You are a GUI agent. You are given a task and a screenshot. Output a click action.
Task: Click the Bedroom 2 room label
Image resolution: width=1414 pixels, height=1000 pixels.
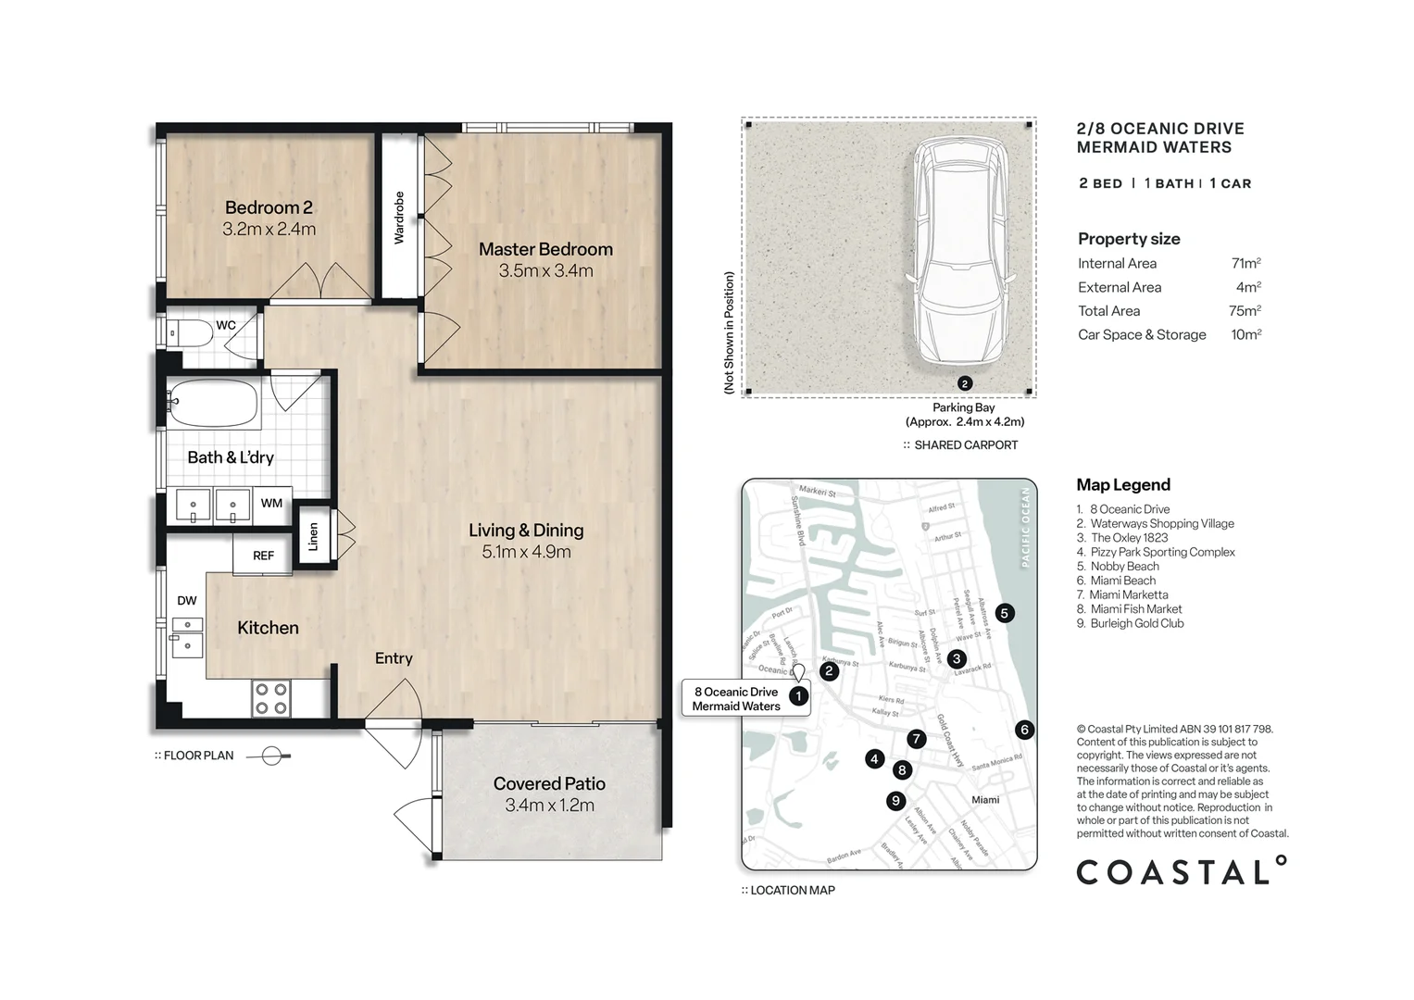269,207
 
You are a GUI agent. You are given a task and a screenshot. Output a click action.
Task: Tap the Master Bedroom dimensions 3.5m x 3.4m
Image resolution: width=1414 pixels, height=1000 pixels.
545,271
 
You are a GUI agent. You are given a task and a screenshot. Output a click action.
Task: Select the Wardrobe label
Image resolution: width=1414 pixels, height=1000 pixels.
399,218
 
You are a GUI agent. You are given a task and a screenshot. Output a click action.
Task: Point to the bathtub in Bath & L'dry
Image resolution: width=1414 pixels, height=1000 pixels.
213,403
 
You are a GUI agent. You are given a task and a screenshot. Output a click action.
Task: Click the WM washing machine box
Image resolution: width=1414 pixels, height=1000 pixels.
271,504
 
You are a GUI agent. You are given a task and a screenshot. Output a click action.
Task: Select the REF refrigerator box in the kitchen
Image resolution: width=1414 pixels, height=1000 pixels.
263,556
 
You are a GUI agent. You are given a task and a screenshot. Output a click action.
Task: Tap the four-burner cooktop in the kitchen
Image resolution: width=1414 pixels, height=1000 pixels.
271,698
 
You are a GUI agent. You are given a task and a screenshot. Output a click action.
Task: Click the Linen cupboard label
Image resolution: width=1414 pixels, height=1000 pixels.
313,537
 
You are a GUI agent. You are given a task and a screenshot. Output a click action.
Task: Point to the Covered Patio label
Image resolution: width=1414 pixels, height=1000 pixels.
549,783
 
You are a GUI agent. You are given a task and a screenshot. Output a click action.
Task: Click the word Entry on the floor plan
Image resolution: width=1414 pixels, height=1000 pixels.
394,658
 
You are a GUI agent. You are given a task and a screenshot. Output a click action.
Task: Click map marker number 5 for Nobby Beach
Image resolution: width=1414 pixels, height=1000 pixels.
1004,613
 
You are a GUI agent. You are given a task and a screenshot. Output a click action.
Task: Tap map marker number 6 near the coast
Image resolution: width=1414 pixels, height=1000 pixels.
1023,730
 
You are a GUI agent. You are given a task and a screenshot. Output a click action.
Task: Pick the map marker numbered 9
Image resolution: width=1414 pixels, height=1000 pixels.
895,801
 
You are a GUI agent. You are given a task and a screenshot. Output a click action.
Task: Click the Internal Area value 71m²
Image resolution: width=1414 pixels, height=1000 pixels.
1245,264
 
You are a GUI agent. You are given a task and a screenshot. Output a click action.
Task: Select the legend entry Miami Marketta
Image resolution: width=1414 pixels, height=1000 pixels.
1128,595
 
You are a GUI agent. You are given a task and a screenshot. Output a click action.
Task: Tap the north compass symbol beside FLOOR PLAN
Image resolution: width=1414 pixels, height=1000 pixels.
272,756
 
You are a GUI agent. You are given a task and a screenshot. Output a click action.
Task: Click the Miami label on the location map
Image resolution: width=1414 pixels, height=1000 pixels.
985,800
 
